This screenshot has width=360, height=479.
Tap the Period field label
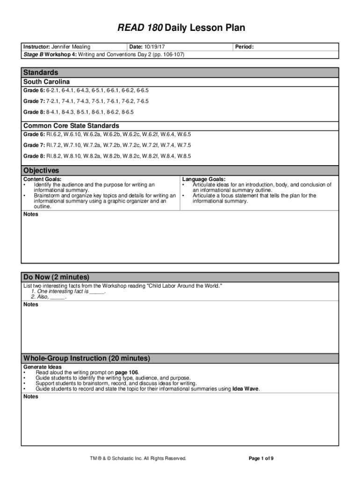[244, 47]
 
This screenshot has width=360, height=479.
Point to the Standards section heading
[41, 73]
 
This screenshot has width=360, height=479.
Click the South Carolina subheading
[46, 82]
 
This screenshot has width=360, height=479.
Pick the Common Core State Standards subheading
[71, 126]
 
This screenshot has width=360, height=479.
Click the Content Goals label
[42, 179]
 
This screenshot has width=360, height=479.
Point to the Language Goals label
[204, 179]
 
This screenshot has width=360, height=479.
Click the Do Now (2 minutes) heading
[56, 277]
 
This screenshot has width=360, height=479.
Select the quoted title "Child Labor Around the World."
[185, 286]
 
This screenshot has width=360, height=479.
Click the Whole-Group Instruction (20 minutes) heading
[86, 358]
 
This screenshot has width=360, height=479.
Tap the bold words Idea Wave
[245, 389]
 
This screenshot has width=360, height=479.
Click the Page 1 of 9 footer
[261, 458]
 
